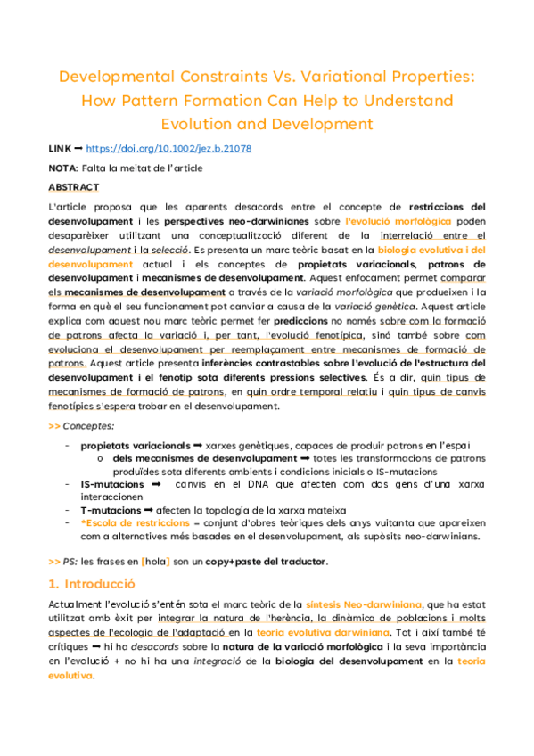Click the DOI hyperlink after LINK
click(168, 149)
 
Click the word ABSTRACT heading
click(74, 187)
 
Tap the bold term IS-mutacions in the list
click(111, 483)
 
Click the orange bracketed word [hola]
click(157, 562)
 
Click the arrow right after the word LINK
click(79, 149)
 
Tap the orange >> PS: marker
click(62, 562)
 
